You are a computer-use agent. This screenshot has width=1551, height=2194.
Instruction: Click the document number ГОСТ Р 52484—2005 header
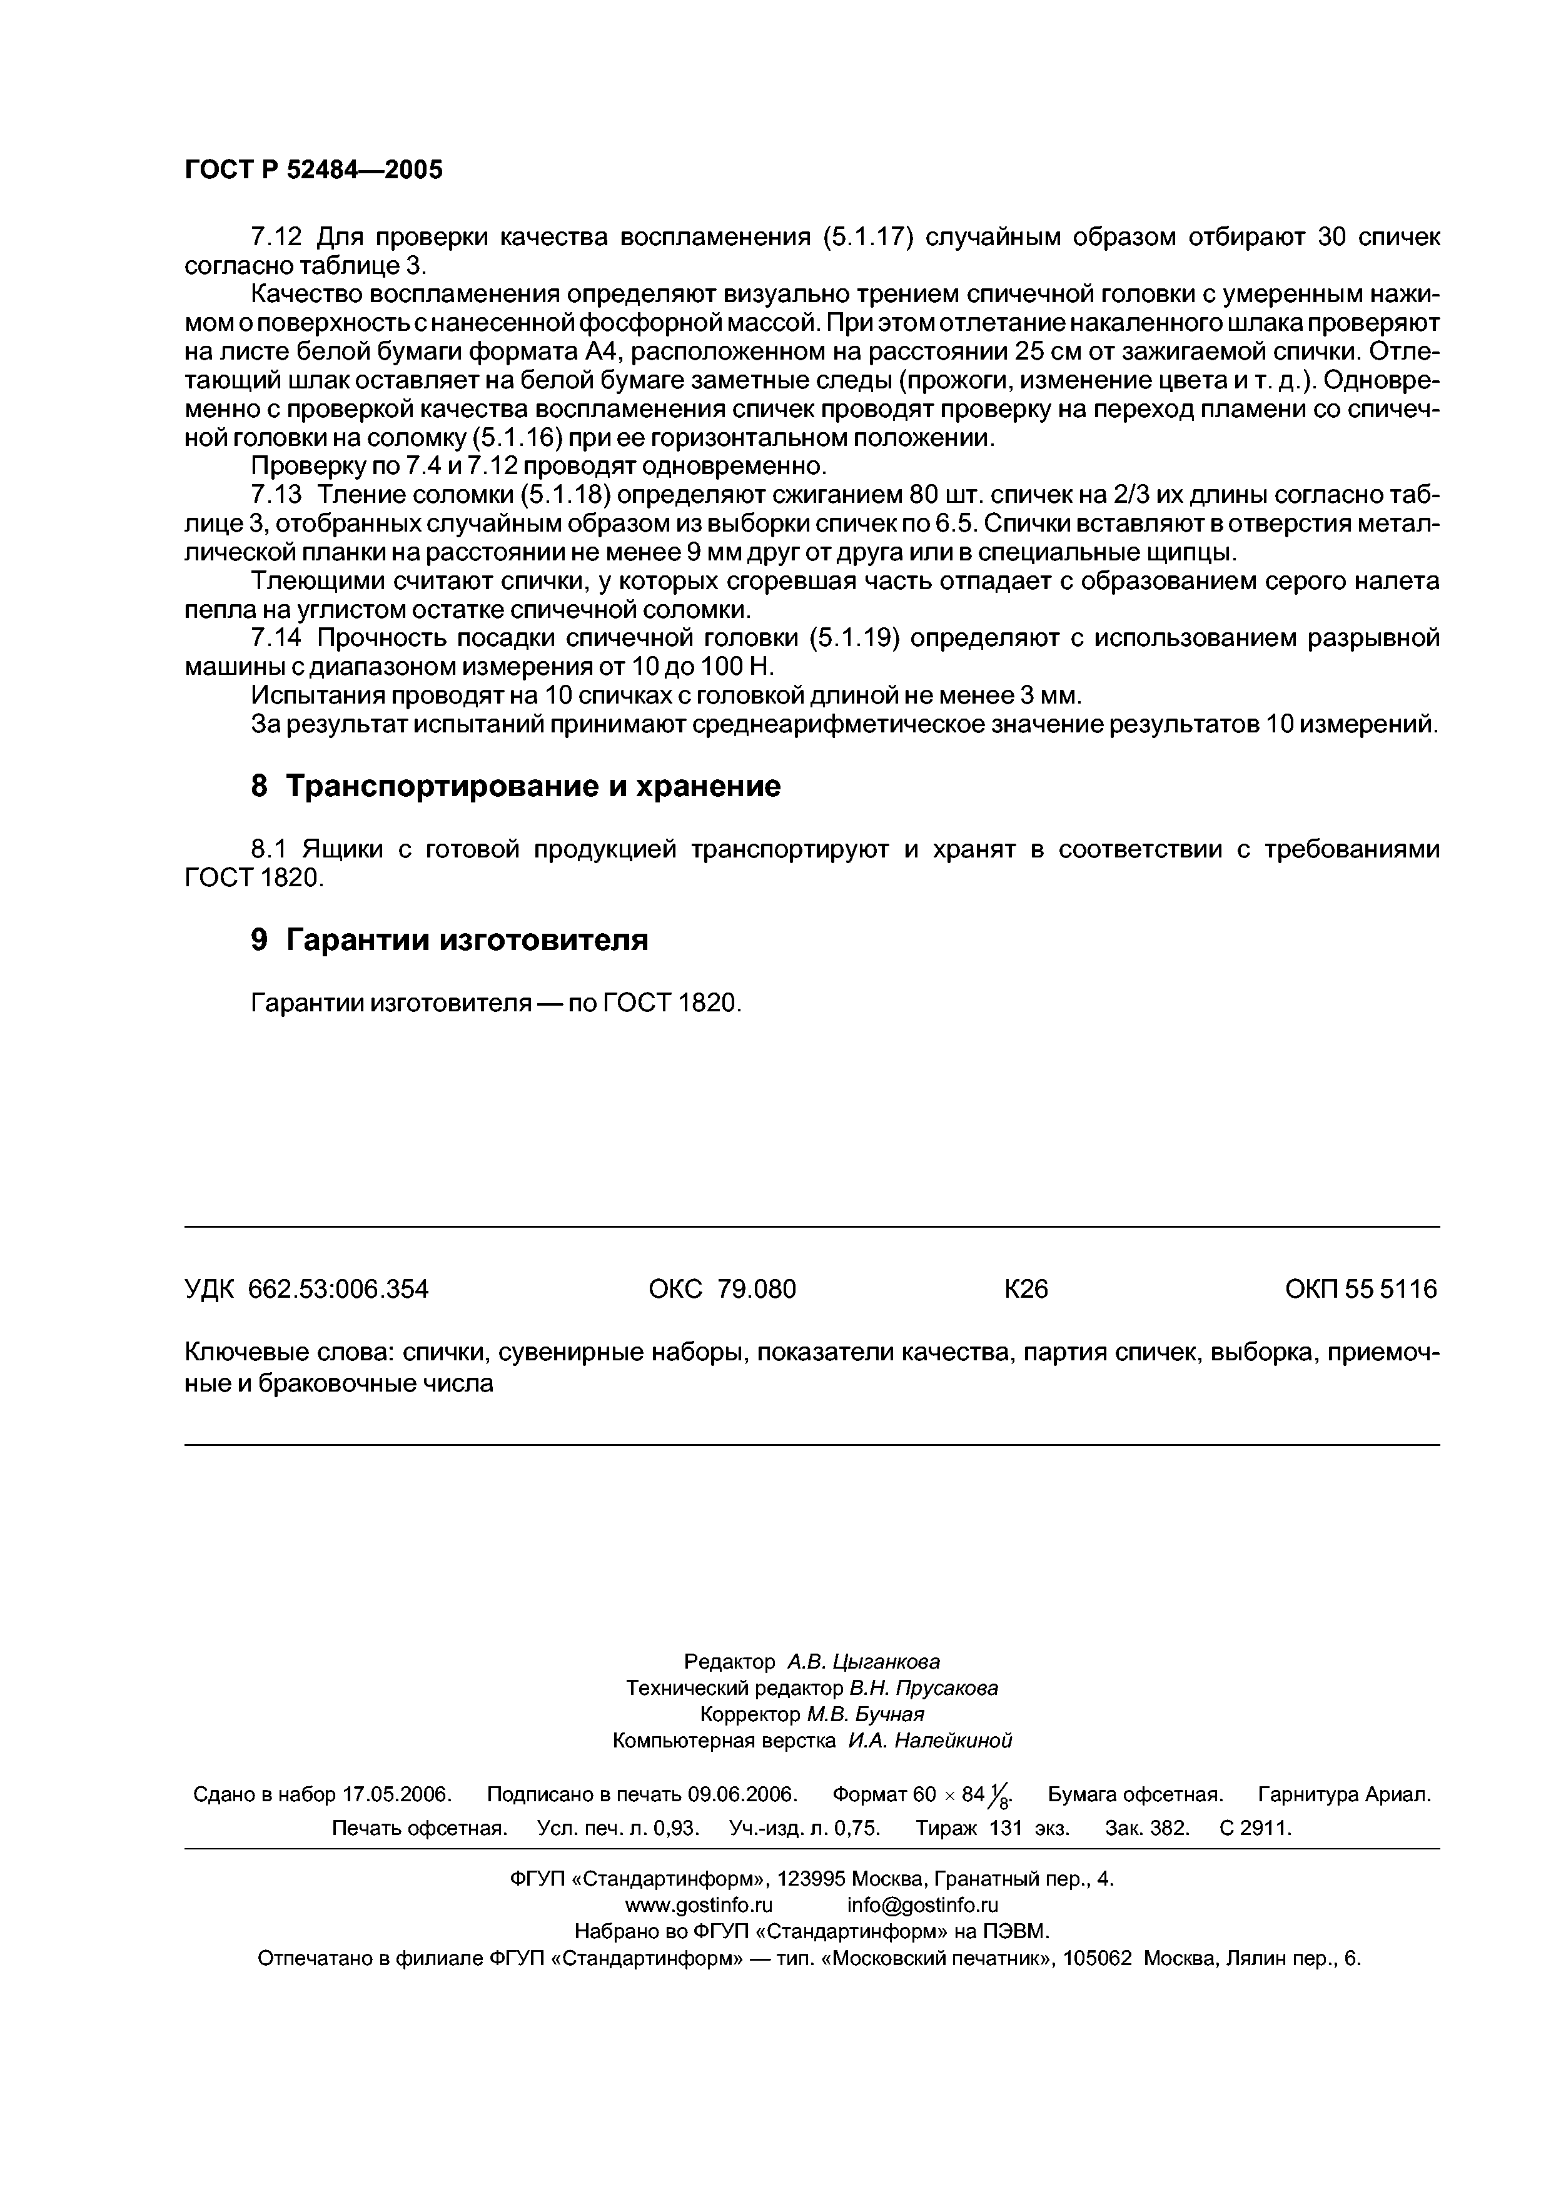313,170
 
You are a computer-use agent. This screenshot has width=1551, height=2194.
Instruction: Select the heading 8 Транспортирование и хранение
515,786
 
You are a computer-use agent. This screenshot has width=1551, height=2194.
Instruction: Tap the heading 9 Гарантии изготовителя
449,939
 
